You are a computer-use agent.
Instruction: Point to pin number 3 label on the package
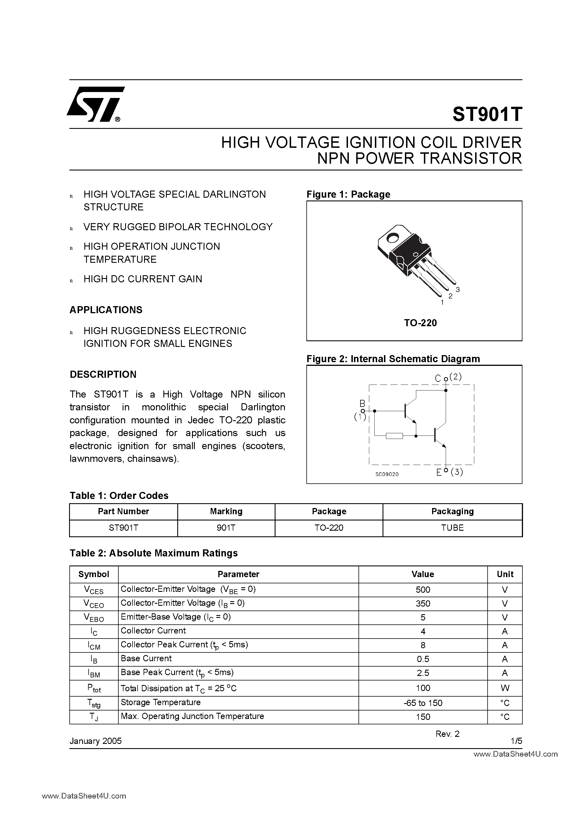(x=458, y=289)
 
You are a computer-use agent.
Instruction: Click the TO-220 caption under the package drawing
(x=420, y=323)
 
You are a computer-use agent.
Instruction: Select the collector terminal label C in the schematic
(x=437, y=378)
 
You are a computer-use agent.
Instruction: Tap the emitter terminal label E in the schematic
(x=439, y=472)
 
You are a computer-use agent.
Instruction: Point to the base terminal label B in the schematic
(x=362, y=403)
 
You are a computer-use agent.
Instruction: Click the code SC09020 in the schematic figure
(x=387, y=474)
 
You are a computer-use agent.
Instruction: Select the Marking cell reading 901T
(x=226, y=528)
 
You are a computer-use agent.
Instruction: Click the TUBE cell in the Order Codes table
(x=452, y=528)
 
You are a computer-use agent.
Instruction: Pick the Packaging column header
(x=452, y=511)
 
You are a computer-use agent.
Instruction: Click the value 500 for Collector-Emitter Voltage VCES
(x=423, y=590)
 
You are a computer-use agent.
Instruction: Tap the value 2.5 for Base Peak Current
(x=423, y=673)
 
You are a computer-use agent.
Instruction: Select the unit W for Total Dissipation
(x=505, y=688)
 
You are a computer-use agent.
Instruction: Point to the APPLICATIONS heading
(x=106, y=310)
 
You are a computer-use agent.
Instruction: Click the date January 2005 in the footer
(x=96, y=741)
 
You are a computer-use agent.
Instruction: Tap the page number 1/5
(x=516, y=741)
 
